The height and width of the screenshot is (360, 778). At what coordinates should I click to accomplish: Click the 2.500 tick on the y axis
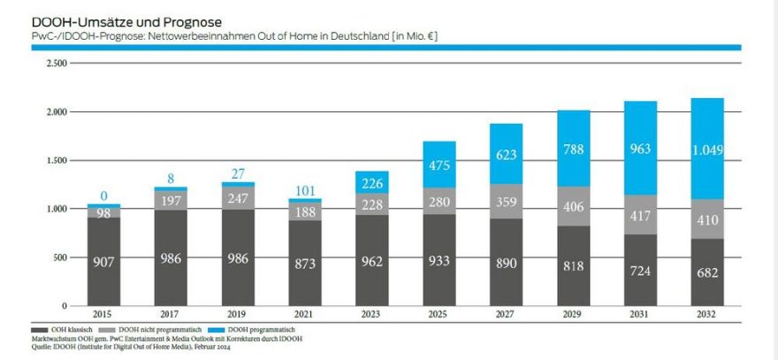55,65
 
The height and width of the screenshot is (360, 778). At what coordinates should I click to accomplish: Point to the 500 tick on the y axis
57,257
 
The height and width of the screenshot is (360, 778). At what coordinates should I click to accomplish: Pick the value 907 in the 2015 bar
103,262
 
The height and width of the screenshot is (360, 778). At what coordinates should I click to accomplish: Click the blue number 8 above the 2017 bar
170,179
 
